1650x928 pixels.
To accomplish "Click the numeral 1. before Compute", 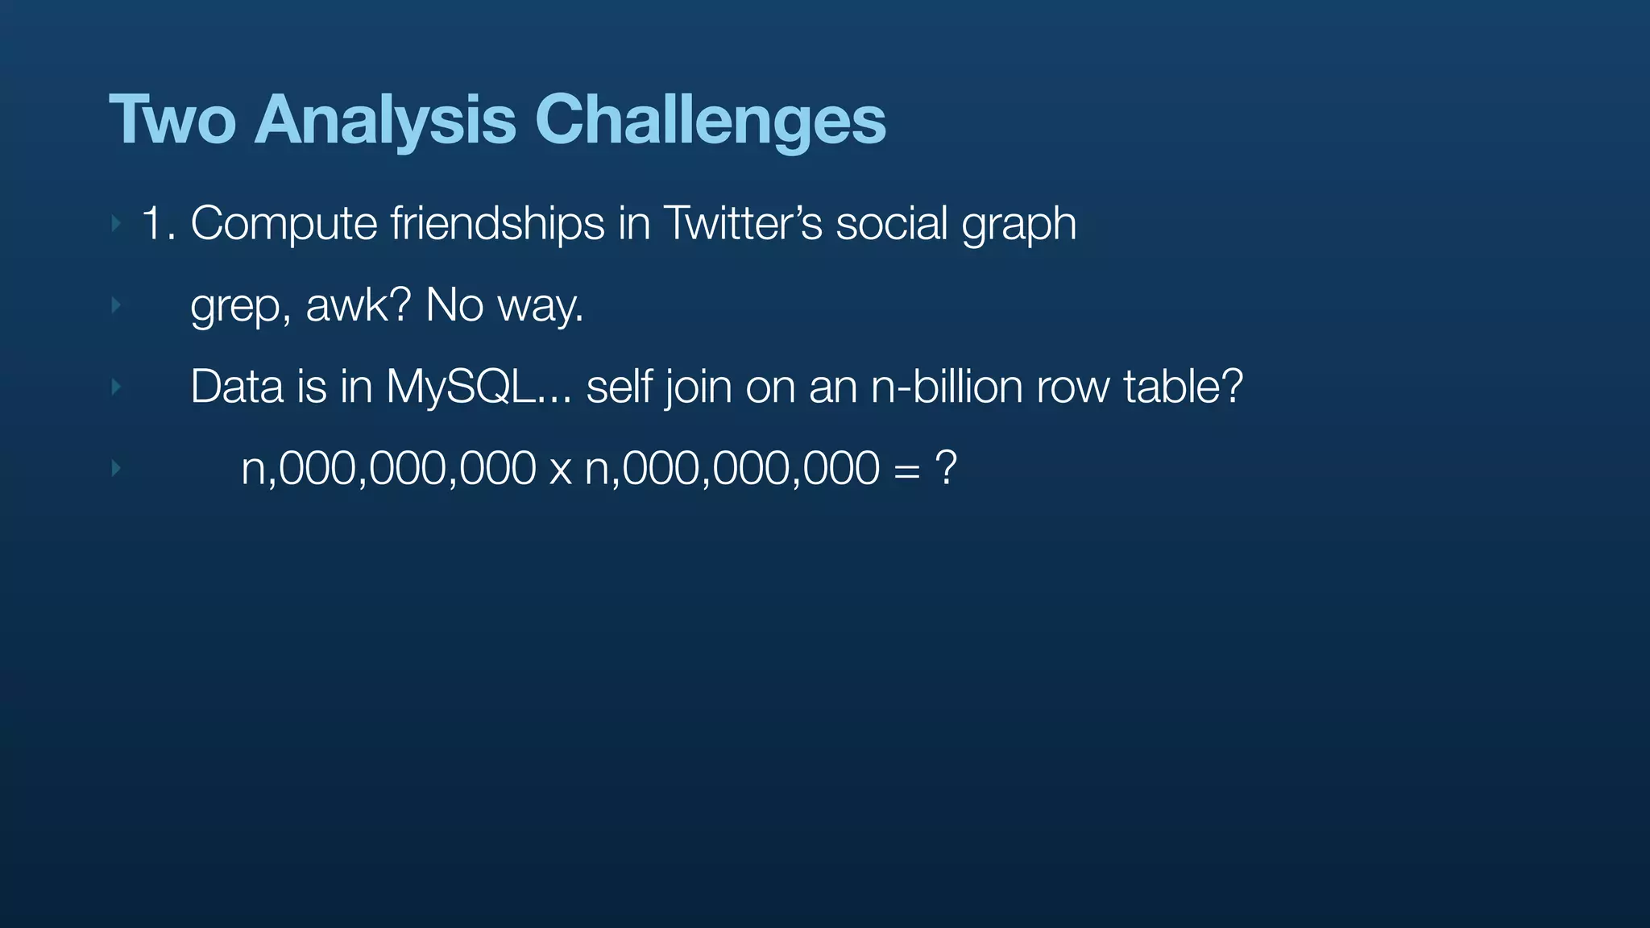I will point(157,223).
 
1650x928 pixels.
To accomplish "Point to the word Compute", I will point(284,223).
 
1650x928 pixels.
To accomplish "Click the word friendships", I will point(497,223).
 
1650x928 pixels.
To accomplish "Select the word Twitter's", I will point(742,223).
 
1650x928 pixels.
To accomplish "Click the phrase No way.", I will point(504,305).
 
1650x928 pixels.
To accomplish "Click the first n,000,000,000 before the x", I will point(388,468).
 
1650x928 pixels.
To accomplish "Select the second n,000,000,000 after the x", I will point(732,468).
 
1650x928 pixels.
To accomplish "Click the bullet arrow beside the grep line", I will point(116,305).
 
